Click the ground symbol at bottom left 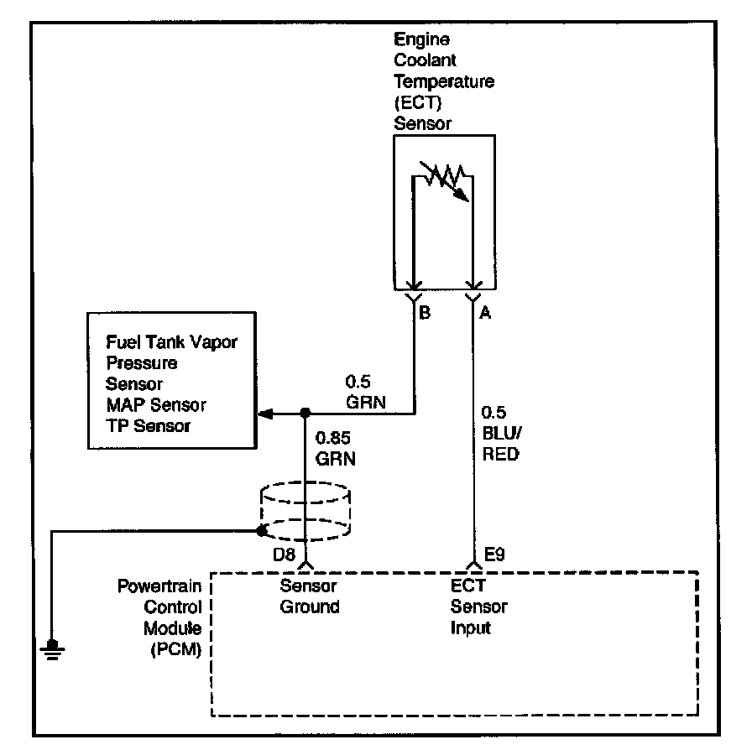pyautogui.click(x=53, y=649)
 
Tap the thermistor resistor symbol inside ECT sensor pyautogui.click(x=444, y=180)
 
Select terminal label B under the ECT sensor pyautogui.click(x=425, y=313)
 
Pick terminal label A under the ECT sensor pyautogui.click(x=485, y=313)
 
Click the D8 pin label pyautogui.click(x=284, y=555)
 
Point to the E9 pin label pyautogui.click(x=494, y=555)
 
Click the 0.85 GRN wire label pyautogui.click(x=335, y=448)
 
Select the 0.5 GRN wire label pyautogui.click(x=366, y=392)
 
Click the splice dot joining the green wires pyautogui.click(x=305, y=413)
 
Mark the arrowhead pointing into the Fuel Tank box pyautogui.click(x=265, y=413)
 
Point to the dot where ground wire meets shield pyautogui.click(x=262, y=531)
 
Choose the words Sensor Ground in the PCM pyautogui.click(x=310, y=596)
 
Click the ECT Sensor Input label pyautogui.click(x=478, y=607)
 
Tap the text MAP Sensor pyautogui.click(x=156, y=405)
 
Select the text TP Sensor pyautogui.click(x=149, y=426)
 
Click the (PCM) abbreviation pyautogui.click(x=176, y=649)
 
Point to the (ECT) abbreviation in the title pyautogui.click(x=418, y=102)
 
